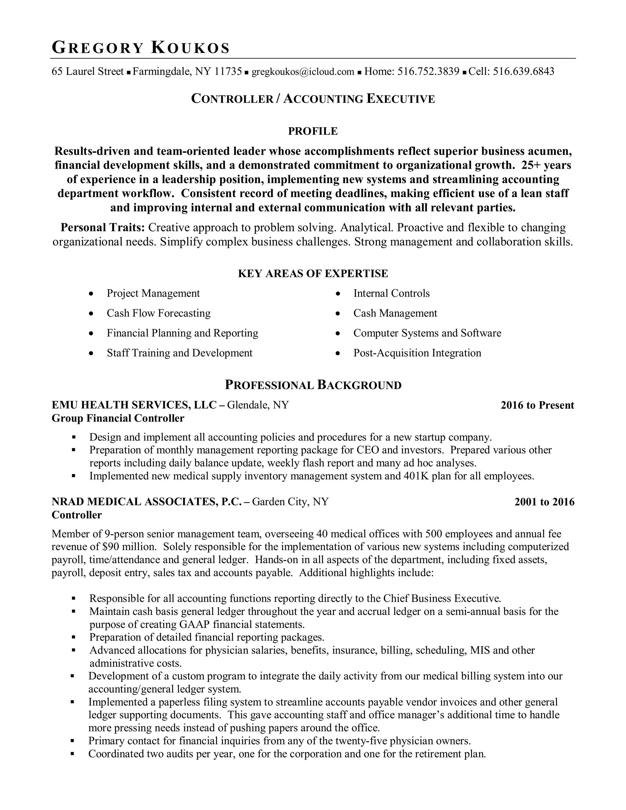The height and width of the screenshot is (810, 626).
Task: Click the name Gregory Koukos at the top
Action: coord(141,48)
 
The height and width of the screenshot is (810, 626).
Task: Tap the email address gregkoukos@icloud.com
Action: coord(303,72)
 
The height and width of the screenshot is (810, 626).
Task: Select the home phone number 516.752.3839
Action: coord(428,72)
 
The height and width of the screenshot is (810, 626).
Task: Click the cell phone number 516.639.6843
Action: coord(523,72)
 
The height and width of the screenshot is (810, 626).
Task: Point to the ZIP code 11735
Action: coord(228,72)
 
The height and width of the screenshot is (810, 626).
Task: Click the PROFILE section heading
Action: coord(313,131)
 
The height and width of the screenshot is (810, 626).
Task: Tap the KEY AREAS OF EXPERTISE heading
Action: coord(313,274)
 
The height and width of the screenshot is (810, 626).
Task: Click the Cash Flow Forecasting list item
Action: coord(158,313)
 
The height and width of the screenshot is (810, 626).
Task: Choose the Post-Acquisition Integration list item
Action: coord(417,353)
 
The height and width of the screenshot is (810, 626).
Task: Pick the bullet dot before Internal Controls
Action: coord(337,294)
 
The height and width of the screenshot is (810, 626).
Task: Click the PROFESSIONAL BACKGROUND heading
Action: coord(313,385)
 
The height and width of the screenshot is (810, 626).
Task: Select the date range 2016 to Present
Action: coord(537,405)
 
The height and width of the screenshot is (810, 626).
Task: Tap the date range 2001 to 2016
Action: coord(544,502)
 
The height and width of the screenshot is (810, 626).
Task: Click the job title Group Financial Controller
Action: coord(118,419)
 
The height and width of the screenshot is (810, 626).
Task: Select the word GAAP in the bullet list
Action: coord(194,624)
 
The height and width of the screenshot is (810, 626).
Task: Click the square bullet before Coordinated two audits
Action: coord(73,754)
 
